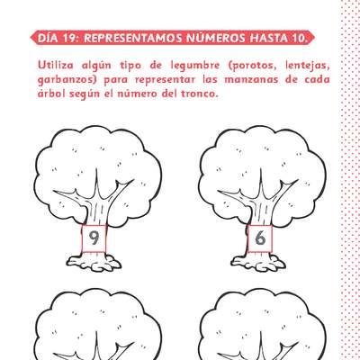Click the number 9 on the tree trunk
[x=94, y=238]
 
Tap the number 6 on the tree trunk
[x=260, y=238]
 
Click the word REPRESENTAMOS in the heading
[x=133, y=39]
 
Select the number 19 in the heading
[x=70, y=39]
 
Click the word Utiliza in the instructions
[x=56, y=65]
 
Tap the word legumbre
[x=195, y=67]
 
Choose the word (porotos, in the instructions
[x=254, y=66]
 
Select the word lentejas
[x=308, y=67]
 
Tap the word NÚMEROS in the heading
[x=215, y=39]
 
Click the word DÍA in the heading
[x=48, y=39]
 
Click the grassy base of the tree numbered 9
[x=94, y=263]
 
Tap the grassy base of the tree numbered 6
[x=258, y=263]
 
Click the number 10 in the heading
[x=299, y=39]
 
